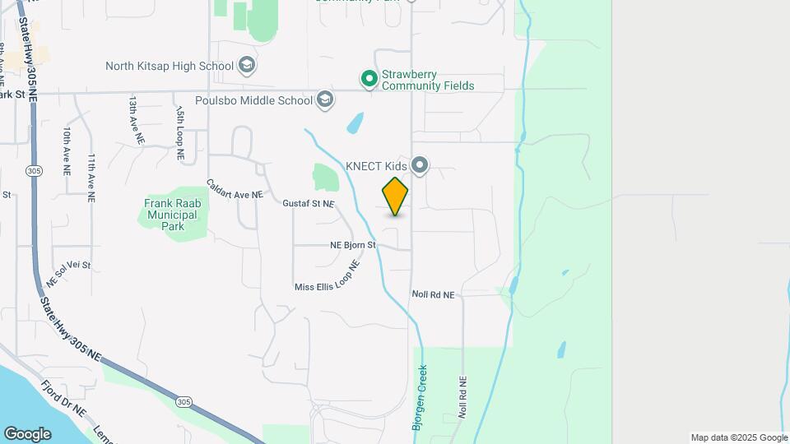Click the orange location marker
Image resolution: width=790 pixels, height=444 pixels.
(395, 197)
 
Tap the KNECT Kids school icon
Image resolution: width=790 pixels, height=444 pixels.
(421, 166)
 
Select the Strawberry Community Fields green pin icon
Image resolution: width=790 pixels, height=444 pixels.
(369, 79)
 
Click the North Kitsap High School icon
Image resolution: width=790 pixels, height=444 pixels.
(246, 65)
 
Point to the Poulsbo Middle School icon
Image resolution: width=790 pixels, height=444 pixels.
(325, 100)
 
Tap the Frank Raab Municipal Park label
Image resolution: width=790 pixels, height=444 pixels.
(170, 215)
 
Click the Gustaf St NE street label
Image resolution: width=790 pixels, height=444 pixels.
(309, 203)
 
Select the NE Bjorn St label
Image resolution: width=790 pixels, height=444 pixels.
(352, 245)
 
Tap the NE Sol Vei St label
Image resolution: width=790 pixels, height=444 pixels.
(68, 272)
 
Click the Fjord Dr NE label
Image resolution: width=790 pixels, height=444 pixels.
(63, 398)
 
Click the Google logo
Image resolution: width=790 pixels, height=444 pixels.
(27, 434)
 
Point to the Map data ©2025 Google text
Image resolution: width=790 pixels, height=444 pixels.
(738, 437)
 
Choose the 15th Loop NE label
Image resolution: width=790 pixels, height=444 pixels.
(179, 126)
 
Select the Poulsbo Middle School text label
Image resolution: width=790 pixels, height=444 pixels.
(243, 100)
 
